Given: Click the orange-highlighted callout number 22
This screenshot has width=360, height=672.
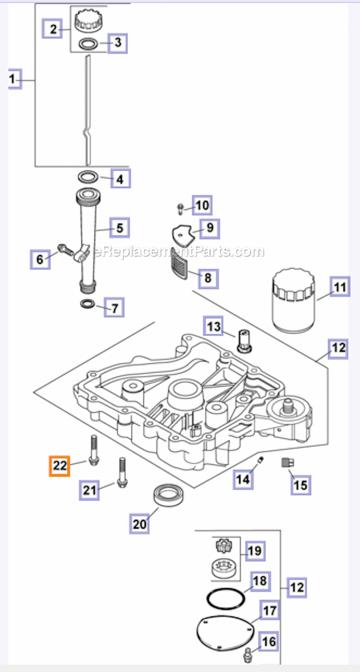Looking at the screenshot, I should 60,466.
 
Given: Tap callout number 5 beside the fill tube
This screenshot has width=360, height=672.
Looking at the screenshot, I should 120,228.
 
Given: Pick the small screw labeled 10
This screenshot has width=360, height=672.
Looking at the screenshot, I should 180,208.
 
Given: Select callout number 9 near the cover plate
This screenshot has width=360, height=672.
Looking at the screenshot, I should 210,228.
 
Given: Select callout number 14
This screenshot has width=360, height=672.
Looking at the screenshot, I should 243,479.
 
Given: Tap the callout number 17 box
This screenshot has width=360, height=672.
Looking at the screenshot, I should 270,611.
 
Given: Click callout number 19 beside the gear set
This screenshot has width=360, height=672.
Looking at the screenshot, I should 255,551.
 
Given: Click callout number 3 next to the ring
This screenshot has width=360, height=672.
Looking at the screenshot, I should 118,43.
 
